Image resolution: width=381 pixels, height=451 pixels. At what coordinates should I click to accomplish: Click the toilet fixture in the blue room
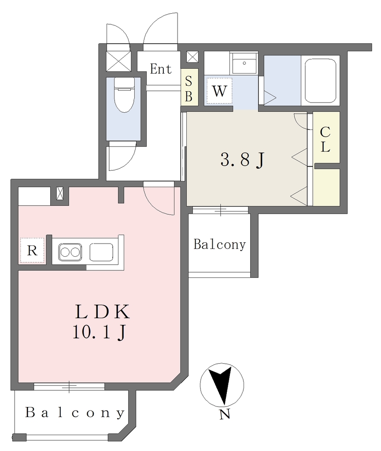tap(124, 95)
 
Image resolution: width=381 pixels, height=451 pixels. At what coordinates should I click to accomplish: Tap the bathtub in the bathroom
tap(320, 81)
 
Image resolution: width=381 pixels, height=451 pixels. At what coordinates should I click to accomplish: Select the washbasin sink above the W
tap(244, 63)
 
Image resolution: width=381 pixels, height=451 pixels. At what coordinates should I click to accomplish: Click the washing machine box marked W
tap(219, 91)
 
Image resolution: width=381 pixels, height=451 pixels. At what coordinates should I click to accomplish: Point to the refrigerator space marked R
tap(33, 250)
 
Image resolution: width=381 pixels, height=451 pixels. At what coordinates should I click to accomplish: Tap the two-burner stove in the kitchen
tap(70, 252)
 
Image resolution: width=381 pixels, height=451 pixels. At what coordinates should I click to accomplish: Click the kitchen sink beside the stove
tap(101, 252)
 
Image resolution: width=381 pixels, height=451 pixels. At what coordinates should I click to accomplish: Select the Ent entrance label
tap(161, 69)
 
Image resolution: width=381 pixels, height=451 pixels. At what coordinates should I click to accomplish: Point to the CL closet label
tap(325, 140)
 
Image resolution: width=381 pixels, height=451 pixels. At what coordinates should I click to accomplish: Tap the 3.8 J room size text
tap(242, 160)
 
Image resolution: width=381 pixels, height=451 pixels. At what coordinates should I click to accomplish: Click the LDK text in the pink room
tap(102, 312)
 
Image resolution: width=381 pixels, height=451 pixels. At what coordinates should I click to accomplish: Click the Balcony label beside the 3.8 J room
tap(220, 244)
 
